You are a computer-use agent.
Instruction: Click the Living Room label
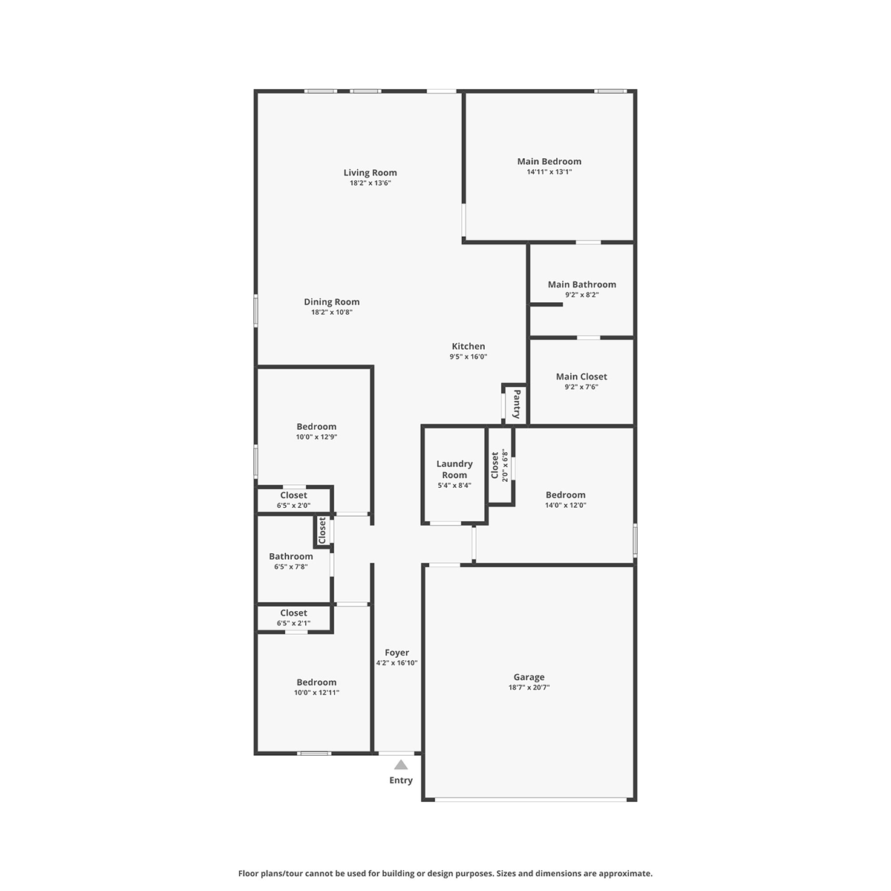tap(370, 172)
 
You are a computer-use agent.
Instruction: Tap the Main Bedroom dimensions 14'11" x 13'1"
tap(549, 172)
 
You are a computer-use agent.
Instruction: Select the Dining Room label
tap(331, 301)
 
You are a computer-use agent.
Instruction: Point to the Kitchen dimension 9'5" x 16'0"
tap(469, 356)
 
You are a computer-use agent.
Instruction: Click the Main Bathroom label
tap(581, 284)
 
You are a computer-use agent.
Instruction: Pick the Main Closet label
tap(581, 376)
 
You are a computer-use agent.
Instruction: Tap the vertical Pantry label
tap(517, 404)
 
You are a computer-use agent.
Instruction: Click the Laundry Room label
tap(454, 469)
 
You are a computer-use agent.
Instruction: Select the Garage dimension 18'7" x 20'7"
tap(529, 687)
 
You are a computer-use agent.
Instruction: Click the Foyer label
tap(396, 653)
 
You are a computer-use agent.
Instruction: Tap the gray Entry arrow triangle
tap(401, 765)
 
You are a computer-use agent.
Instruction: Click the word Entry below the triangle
tap(401, 780)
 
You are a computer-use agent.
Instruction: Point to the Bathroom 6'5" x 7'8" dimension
tap(291, 567)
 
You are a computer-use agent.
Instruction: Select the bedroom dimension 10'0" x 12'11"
tap(316, 692)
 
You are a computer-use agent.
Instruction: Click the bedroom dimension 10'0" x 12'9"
tap(316, 437)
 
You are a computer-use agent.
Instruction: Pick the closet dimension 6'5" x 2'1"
tap(293, 623)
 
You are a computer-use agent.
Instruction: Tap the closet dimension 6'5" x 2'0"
tap(293, 506)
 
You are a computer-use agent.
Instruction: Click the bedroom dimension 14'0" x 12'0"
tap(566, 505)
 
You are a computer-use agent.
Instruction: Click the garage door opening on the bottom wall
tap(530, 799)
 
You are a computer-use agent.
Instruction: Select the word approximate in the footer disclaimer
tap(625, 873)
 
